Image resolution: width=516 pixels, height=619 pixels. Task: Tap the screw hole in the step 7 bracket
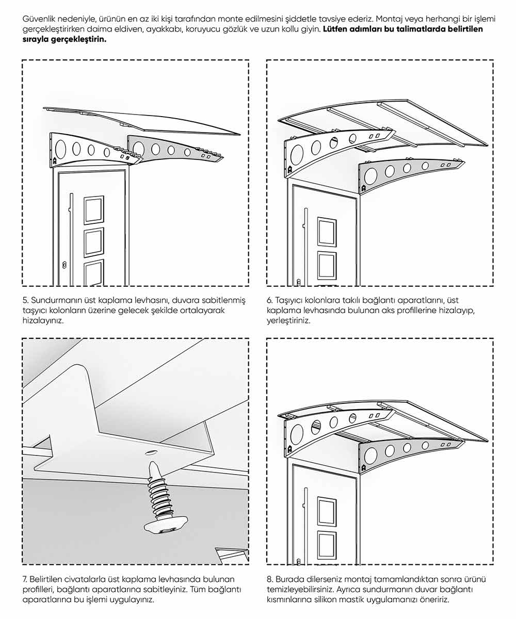[152, 452]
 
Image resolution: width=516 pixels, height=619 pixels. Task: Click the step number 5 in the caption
[25, 300]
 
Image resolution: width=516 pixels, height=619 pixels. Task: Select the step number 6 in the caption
[269, 300]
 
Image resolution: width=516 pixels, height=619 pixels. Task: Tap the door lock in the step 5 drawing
[64, 265]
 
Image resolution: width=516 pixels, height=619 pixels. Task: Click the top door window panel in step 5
[94, 210]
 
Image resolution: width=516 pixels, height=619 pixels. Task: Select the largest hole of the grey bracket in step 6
[370, 176]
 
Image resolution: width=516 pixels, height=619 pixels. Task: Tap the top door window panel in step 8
[327, 512]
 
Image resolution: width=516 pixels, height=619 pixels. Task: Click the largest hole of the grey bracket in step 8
[370, 455]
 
